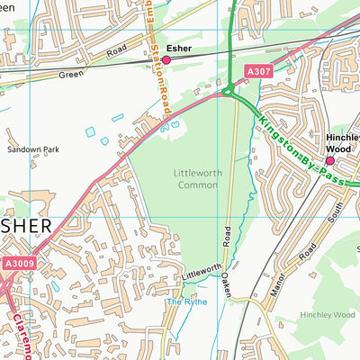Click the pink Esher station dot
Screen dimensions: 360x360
coord(166,60)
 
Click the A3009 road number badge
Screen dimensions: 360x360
coord(18,263)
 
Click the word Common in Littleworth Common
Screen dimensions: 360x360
coord(197,184)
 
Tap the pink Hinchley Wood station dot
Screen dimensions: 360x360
coord(329,161)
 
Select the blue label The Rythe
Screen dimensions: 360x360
coord(185,301)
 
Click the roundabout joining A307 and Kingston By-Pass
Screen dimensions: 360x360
coord(229,89)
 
